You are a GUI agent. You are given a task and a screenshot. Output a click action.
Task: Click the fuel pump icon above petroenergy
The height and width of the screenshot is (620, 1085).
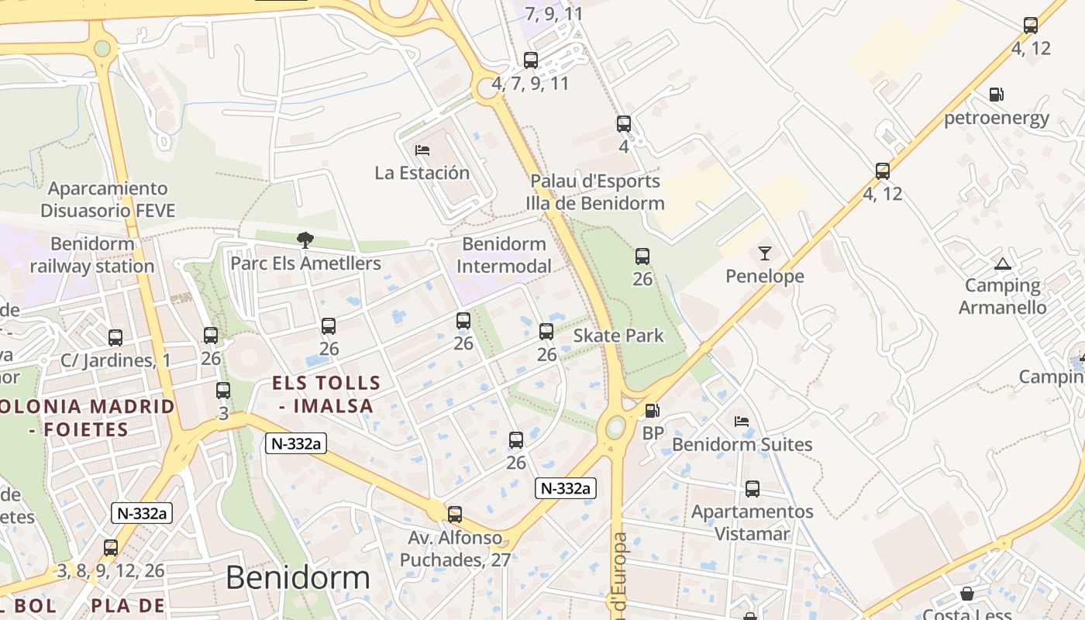click(x=996, y=95)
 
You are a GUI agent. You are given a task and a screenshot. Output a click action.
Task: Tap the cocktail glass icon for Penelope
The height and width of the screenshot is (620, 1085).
click(x=765, y=253)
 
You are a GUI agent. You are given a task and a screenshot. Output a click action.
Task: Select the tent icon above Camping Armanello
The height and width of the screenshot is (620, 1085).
click(x=1003, y=263)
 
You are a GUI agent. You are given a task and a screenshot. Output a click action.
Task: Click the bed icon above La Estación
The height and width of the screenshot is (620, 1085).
click(x=422, y=150)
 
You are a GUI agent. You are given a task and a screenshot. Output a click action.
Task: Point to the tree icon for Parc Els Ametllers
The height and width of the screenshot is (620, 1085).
click(x=305, y=240)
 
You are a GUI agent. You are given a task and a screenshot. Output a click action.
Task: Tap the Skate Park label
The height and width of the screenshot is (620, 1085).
click(x=618, y=336)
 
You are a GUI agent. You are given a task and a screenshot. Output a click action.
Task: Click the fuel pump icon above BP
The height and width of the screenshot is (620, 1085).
click(x=653, y=411)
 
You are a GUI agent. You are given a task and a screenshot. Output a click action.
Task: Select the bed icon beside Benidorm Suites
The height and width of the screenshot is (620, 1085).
click(x=742, y=422)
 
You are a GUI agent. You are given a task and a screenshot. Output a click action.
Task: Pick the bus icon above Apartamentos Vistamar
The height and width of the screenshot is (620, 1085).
click(x=753, y=489)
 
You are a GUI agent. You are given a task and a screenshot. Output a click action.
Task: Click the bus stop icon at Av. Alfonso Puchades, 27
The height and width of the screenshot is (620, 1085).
click(x=455, y=514)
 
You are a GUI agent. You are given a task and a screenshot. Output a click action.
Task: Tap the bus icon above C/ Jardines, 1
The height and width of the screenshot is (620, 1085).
click(x=115, y=338)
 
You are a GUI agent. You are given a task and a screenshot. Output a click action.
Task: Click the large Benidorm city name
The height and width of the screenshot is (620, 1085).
click(x=298, y=577)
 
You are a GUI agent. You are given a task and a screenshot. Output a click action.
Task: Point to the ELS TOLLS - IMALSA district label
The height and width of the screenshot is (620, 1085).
click(x=326, y=394)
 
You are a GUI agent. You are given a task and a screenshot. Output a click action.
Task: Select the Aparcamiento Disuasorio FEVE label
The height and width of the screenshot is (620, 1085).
click(x=108, y=199)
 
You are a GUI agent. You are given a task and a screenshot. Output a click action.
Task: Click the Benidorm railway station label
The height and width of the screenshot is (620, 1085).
click(x=92, y=255)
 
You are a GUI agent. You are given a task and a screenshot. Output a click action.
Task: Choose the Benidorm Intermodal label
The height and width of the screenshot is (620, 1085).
click(x=504, y=255)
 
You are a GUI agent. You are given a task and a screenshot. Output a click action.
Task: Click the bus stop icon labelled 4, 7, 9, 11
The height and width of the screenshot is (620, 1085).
click(x=531, y=60)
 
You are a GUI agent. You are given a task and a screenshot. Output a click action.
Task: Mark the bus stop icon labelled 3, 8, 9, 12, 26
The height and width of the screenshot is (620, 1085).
click(x=111, y=548)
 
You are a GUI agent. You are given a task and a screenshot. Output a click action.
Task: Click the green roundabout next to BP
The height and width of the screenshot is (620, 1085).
click(x=616, y=426)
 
